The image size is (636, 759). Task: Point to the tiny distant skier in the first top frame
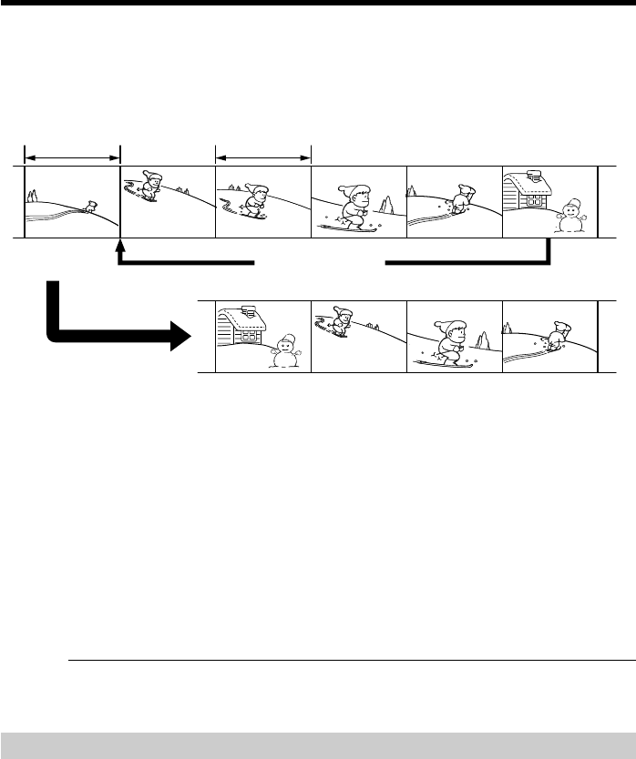88,207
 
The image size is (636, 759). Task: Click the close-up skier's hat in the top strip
356,191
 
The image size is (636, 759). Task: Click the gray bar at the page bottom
318,745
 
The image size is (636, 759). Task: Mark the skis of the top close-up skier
351,228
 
